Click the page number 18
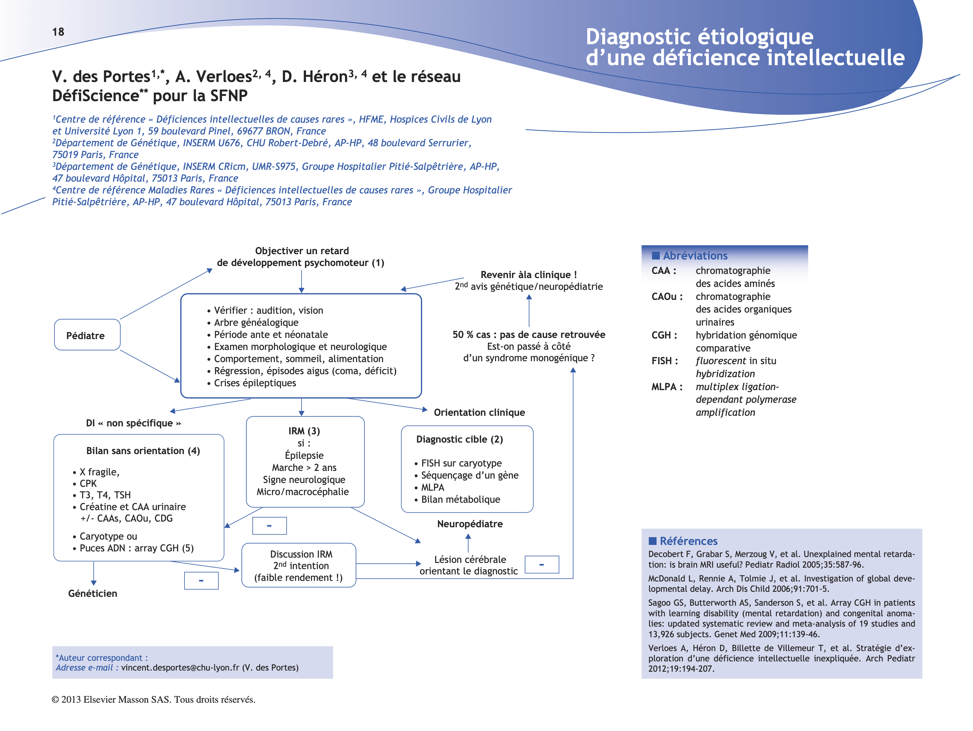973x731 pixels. (x=58, y=32)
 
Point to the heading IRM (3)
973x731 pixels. (x=304, y=431)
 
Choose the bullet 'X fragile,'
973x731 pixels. (x=99, y=472)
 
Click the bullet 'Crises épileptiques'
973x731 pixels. (x=255, y=383)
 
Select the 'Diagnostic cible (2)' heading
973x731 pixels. (x=459, y=439)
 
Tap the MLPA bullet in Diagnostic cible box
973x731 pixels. (x=432, y=487)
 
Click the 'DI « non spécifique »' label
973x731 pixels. (x=133, y=423)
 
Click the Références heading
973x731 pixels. (x=688, y=541)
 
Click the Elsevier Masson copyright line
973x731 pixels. (x=154, y=699)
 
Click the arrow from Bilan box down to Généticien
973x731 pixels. (x=94, y=574)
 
